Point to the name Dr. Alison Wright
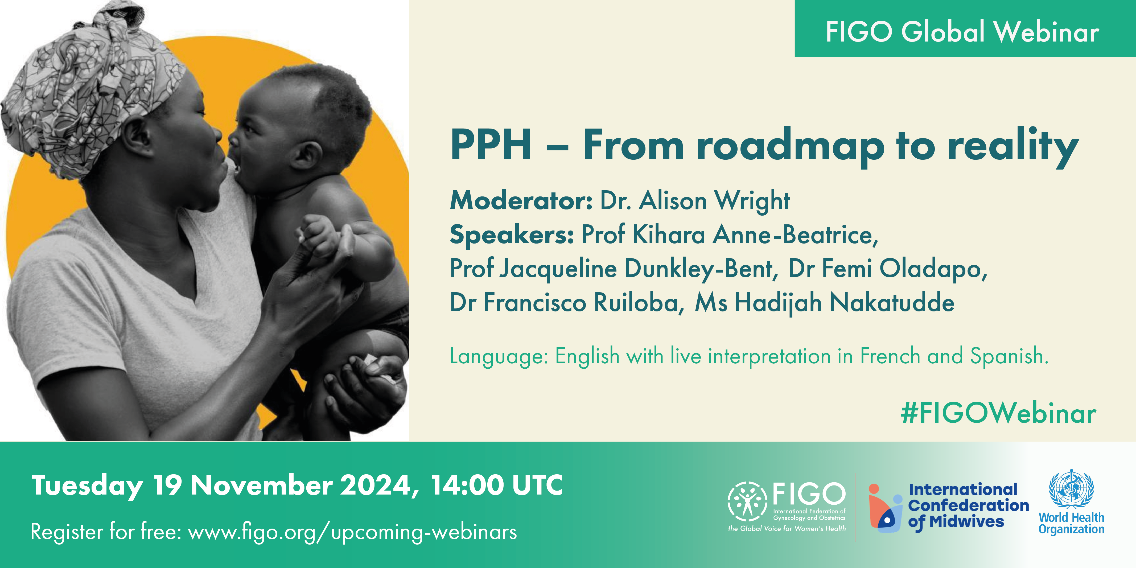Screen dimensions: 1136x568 tap(695, 201)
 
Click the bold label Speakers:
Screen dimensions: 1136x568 tap(512, 235)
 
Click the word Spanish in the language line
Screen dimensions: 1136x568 tap(1009, 356)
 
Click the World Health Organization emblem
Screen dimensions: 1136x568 tap(1071, 489)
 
